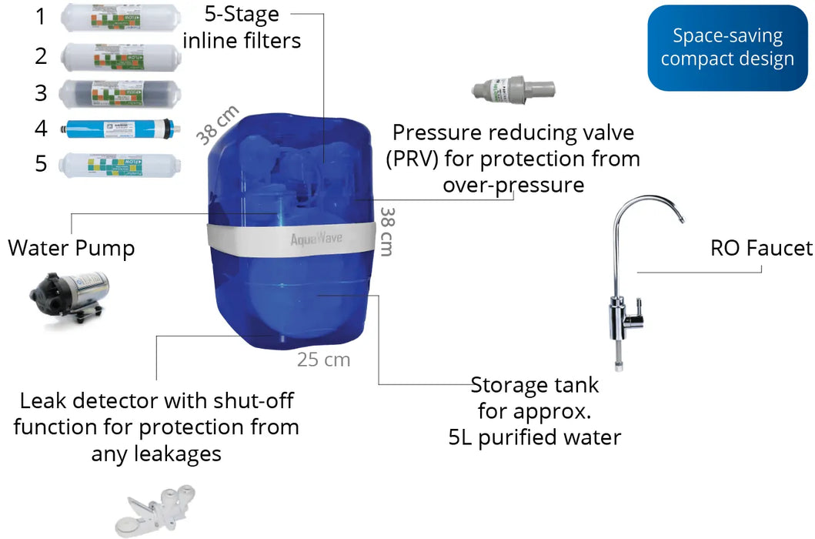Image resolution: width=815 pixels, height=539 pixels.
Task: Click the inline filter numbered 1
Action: click(x=120, y=17)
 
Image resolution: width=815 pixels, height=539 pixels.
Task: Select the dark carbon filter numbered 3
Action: click(x=120, y=92)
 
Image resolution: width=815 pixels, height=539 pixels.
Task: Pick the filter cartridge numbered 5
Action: click(x=120, y=164)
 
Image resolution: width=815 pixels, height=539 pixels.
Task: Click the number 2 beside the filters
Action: click(x=41, y=55)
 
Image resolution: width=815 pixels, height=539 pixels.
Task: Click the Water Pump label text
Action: click(x=71, y=248)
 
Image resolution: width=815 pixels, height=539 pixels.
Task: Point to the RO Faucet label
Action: click(x=760, y=247)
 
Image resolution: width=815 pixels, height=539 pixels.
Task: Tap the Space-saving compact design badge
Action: click(x=726, y=48)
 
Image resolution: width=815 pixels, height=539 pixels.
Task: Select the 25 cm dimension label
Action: click(x=323, y=359)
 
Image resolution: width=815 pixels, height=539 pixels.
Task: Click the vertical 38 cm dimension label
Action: click(x=387, y=232)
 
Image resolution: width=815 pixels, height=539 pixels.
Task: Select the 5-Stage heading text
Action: click(x=242, y=13)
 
